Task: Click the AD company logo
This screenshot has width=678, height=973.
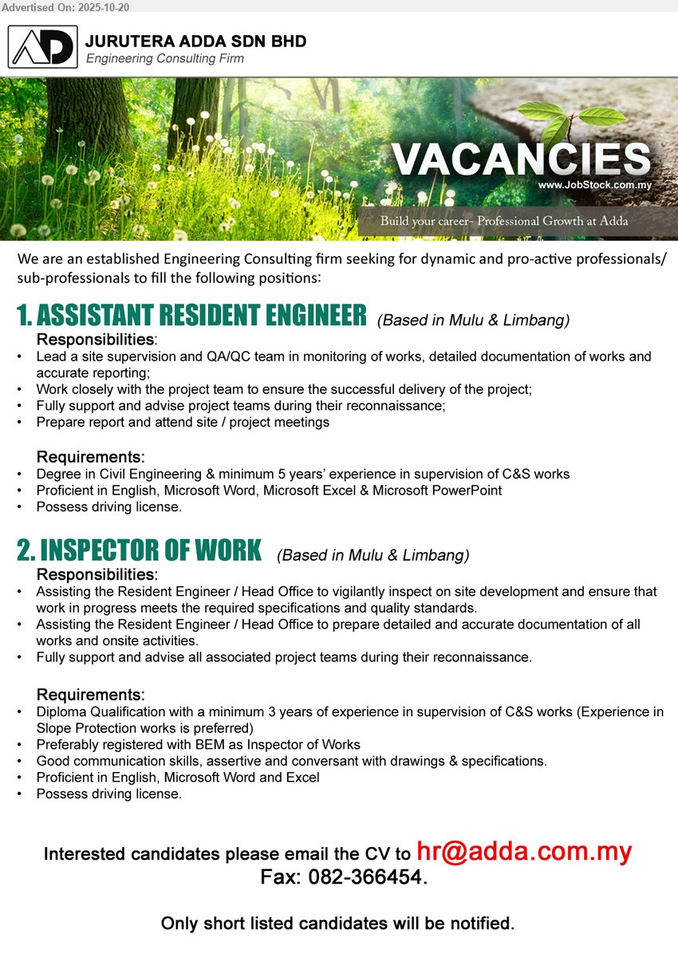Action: click(43, 47)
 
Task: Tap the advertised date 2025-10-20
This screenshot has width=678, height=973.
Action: click(102, 7)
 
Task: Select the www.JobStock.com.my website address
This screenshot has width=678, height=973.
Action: click(595, 185)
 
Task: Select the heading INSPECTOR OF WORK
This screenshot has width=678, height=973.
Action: click(139, 550)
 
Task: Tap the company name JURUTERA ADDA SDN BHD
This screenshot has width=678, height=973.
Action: click(195, 41)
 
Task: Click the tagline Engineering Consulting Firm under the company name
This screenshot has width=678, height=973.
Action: click(165, 58)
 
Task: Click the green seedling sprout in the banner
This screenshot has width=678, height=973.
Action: click(573, 118)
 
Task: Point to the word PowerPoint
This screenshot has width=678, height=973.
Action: click(471, 490)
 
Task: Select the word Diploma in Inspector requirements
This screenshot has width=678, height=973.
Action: click(61, 712)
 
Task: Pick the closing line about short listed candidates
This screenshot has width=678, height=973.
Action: click(337, 924)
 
